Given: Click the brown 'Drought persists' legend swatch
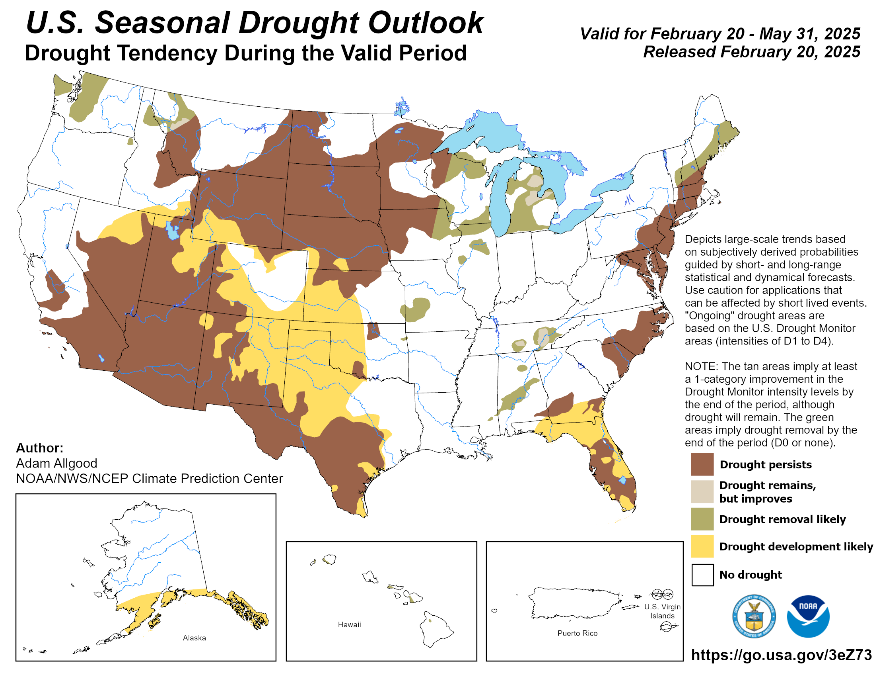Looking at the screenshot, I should tap(702, 464).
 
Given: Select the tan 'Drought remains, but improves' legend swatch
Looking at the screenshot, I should tap(702, 491).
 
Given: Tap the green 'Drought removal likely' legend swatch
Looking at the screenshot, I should tap(702, 519).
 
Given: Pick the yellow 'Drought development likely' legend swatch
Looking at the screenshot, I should tap(702, 546).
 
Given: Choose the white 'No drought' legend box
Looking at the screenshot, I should tap(702, 575).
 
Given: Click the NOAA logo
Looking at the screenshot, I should tap(808, 616).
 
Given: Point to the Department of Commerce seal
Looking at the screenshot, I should tap(754, 616).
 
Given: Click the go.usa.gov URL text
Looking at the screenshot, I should tap(781, 655).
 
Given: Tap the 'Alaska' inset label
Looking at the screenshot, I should tap(194, 638).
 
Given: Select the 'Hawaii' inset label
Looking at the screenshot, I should tap(349, 624).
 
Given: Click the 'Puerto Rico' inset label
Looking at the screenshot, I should tap(577, 633).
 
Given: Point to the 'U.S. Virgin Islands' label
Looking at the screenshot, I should tap(662, 611).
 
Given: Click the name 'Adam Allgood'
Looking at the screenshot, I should tap(56, 463).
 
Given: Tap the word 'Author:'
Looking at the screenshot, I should tap(40, 448).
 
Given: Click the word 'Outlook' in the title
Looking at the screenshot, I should tap(426, 23).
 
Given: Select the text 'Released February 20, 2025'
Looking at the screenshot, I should tap(751, 52).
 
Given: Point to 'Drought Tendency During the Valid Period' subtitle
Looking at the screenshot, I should tap(245, 53).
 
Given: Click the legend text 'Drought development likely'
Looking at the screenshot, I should tap(796, 547).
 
